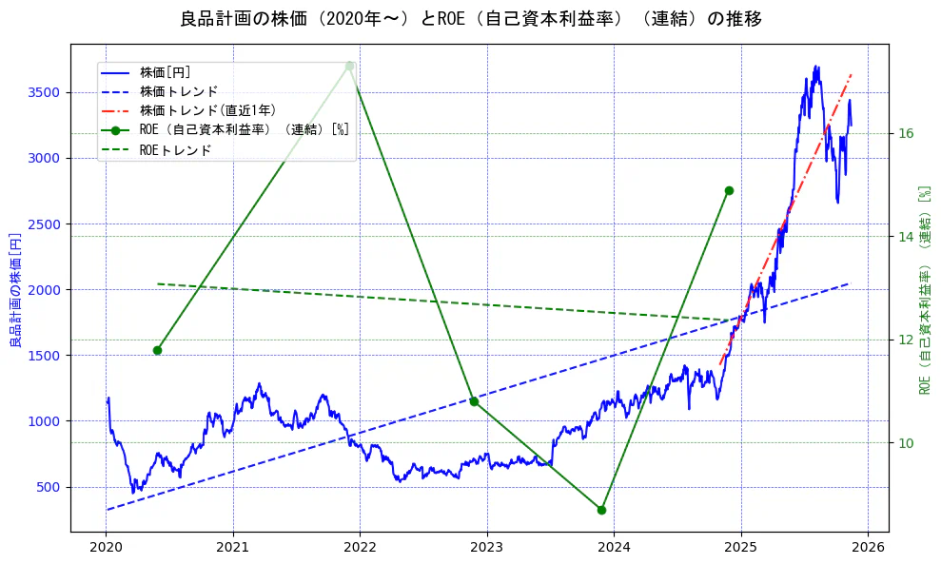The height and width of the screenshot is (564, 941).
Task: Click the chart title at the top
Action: point(470,19)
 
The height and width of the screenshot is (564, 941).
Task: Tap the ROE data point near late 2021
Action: point(350,66)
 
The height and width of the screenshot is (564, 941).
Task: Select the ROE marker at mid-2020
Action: point(157,350)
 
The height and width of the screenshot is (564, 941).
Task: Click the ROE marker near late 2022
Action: point(474,401)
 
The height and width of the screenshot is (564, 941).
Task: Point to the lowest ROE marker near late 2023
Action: point(601,510)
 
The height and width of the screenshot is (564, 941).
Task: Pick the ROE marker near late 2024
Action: point(729,190)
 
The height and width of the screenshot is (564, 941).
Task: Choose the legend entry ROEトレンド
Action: point(175,149)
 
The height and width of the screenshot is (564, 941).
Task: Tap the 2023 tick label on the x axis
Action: point(487,547)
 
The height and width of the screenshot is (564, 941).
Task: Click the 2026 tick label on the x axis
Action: point(868,547)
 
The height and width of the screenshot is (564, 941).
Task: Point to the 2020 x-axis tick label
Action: point(106,547)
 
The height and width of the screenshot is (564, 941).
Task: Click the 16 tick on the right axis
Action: point(906,133)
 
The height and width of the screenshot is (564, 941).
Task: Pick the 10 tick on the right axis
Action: point(906,443)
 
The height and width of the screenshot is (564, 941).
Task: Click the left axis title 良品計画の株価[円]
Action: point(15,289)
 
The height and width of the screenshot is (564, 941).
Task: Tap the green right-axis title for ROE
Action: point(924,289)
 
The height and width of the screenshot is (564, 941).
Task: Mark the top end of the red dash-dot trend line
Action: point(852,73)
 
